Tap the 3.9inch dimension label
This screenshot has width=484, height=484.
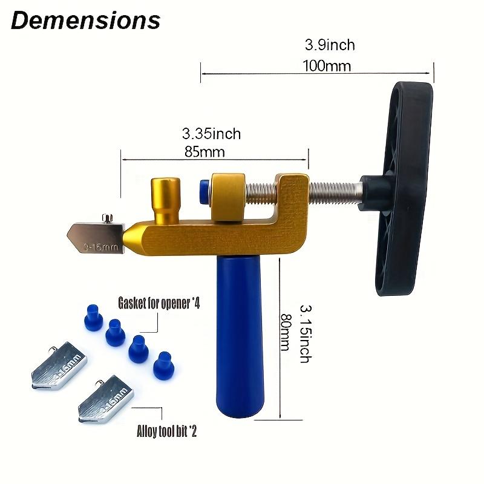tap(330, 45)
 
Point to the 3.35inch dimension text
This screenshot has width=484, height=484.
tap(212, 133)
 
